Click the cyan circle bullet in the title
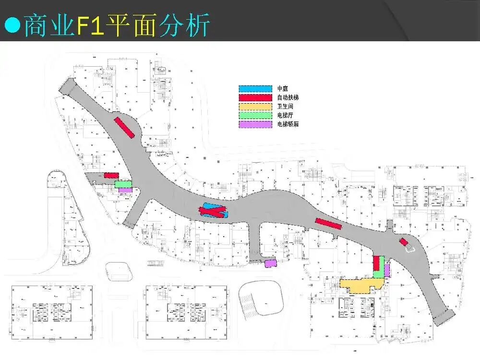(x=12, y=25)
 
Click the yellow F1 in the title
(x=91, y=25)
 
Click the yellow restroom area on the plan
(x=358, y=285)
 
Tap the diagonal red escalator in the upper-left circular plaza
(x=124, y=127)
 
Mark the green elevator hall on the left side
(x=123, y=183)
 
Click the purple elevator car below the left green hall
(x=125, y=190)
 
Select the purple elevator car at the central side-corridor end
(x=271, y=263)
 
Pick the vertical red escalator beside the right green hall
(x=376, y=264)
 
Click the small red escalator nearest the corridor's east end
(x=404, y=242)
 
